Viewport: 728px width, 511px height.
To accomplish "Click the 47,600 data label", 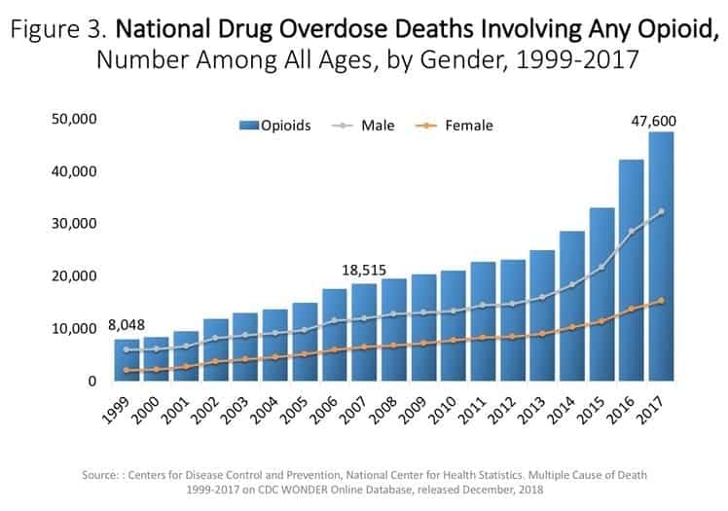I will (652, 121).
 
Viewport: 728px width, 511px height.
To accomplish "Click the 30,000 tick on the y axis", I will (76, 224).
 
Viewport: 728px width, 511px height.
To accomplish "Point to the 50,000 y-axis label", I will (76, 119).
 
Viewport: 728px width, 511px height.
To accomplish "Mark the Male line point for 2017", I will (662, 211).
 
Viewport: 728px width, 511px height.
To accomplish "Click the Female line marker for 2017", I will (662, 301).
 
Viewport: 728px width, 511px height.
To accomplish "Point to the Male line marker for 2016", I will (633, 232).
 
